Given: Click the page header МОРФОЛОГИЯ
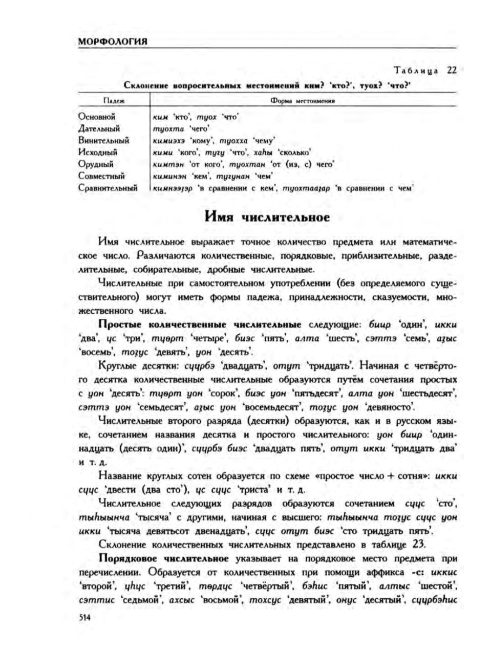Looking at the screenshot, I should coord(113,42).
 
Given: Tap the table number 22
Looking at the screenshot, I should coord(451,71).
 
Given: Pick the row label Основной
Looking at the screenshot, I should coord(97,117).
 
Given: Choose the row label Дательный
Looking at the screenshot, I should coord(99,128).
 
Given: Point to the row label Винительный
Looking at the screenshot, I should coord(103,140).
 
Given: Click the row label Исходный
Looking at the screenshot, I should coord(98,152).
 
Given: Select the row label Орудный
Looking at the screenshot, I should coord(96,164).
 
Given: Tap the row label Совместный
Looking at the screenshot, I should coord(101,176).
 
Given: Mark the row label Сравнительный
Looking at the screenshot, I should coord(108,188).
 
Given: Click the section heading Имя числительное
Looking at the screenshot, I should coord(267,217).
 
